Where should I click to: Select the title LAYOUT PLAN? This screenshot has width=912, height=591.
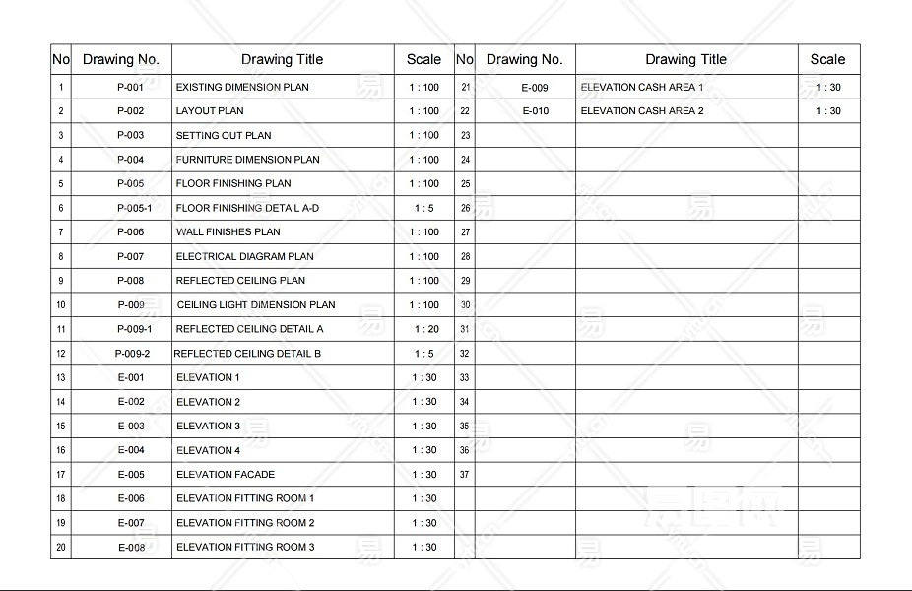tap(210, 111)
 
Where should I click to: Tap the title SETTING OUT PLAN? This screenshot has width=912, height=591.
tap(224, 135)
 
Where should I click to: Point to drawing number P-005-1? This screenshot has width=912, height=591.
tap(134, 208)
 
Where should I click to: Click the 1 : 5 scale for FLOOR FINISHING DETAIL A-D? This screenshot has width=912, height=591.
tap(423, 208)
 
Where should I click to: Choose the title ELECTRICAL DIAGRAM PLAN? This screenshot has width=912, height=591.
tap(244, 256)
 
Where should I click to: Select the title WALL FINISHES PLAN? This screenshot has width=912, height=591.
tap(228, 232)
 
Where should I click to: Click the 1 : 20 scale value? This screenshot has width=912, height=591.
tap(425, 329)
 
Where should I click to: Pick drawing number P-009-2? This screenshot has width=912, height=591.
tap(132, 354)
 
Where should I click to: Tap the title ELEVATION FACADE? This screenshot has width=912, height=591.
tap(226, 475)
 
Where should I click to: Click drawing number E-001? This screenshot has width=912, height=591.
tap(131, 377)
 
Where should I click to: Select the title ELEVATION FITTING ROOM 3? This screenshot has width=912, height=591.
tap(245, 548)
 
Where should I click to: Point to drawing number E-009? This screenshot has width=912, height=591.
tap(535, 88)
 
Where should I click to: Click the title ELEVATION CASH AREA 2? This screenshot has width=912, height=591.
tap(642, 111)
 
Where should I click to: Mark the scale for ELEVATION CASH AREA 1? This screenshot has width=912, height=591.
tap(828, 88)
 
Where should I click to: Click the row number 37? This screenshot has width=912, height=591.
tap(465, 475)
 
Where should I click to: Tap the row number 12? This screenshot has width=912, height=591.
tap(61, 354)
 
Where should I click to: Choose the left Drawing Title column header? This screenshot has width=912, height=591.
tap(282, 59)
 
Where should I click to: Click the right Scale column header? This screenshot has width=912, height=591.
tap(827, 59)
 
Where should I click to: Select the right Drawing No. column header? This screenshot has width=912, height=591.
tap(524, 59)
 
